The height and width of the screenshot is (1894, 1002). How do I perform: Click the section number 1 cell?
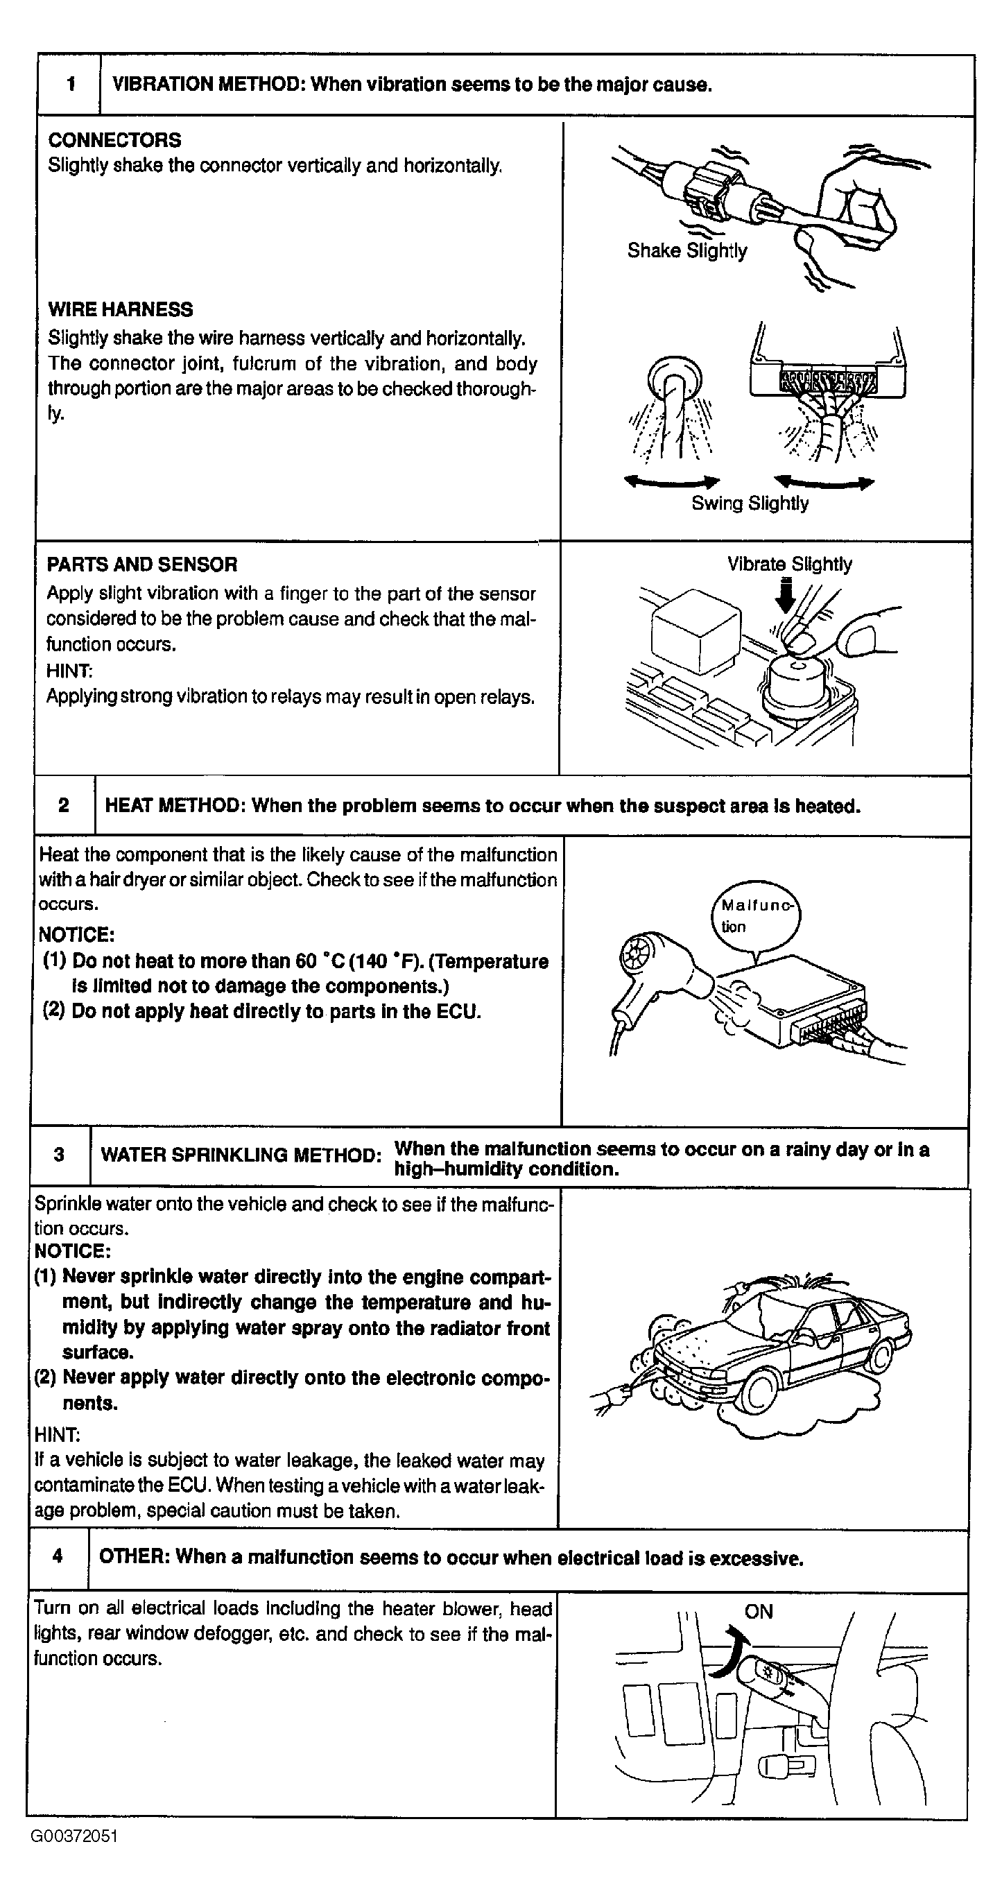[x=71, y=85]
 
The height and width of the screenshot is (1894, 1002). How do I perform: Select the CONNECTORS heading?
[x=114, y=139]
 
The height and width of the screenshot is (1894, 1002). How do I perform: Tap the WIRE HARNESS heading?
[x=120, y=309]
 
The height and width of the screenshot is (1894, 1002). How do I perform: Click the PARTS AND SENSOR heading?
[x=142, y=565]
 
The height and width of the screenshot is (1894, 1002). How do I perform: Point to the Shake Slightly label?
[x=686, y=251]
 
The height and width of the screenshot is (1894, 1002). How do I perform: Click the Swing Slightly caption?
[x=749, y=503]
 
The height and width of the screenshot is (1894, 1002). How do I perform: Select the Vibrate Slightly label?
[x=790, y=564]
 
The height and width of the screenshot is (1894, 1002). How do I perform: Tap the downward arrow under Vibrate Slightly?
[x=786, y=596]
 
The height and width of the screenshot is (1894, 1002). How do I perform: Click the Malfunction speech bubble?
[x=756, y=915]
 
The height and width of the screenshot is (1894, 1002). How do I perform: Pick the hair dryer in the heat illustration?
[x=647, y=970]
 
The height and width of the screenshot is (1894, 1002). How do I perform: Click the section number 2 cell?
[x=64, y=805]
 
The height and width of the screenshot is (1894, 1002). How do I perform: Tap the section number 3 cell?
[x=60, y=1154]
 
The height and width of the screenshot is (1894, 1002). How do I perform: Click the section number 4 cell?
[x=58, y=1556]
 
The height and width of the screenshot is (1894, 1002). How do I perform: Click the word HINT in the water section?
[x=58, y=1434]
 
